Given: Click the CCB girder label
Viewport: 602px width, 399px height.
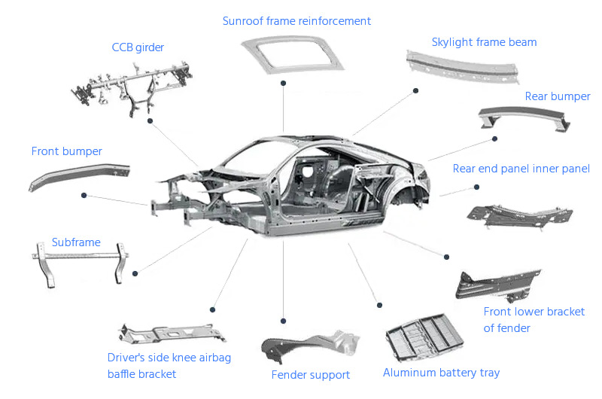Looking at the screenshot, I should (x=138, y=47).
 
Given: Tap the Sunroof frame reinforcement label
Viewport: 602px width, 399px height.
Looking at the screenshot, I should (x=296, y=21).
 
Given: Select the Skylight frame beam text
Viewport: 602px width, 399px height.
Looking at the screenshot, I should (x=484, y=42).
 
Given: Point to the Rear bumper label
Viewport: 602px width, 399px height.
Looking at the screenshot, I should (x=558, y=96).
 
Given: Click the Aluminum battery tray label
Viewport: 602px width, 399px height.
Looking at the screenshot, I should (x=441, y=373).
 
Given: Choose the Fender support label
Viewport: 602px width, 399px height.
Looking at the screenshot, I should (x=310, y=375).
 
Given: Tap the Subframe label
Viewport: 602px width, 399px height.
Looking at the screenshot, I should (x=76, y=242).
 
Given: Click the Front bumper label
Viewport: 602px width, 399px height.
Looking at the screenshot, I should (x=66, y=151).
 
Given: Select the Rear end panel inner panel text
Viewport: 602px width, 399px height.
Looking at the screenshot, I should (x=521, y=169).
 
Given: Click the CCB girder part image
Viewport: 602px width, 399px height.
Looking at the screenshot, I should (x=132, y=87).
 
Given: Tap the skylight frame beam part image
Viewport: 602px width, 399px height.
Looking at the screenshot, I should (x=464, y=67).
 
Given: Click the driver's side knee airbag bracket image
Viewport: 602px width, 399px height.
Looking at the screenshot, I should (x=168, y=334).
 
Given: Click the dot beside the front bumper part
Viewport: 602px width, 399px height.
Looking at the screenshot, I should (x=84, y=195).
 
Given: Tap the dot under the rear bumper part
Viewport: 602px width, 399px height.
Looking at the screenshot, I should (x=494, y=138).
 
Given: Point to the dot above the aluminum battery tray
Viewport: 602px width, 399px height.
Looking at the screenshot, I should (x=379, y=305).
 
